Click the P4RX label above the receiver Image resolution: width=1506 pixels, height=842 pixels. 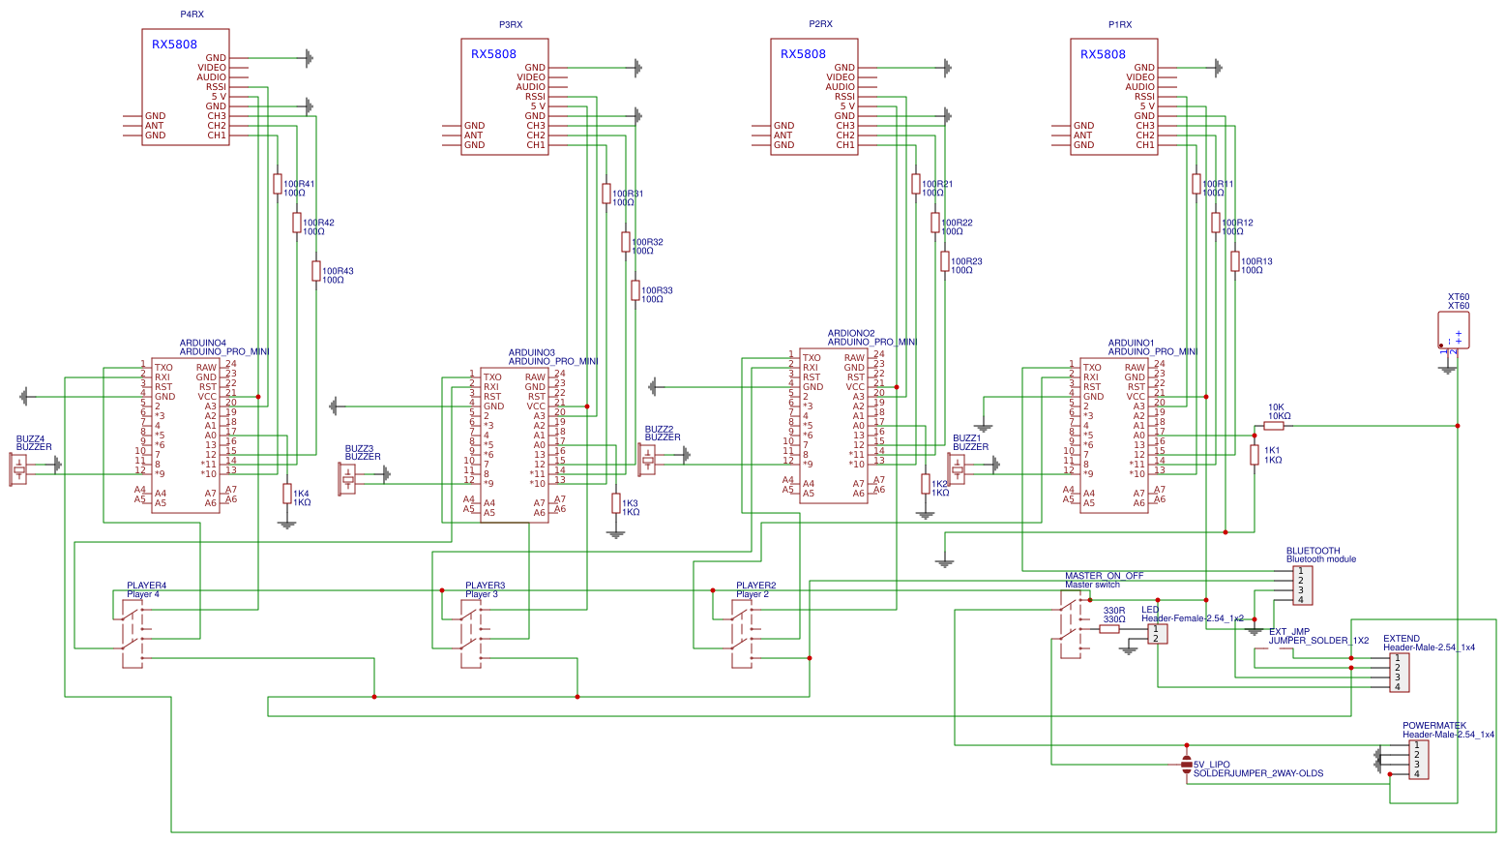[x=192, y=15]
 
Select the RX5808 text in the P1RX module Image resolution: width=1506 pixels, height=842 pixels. [x=1103, y=54]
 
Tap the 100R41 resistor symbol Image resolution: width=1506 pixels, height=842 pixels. [x=278, y=184]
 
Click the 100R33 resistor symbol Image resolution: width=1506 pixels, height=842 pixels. [x=635, y=290]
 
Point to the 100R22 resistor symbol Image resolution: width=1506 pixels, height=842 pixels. [x=935, y=223]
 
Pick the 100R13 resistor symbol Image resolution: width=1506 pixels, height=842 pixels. [x=1235, y=261]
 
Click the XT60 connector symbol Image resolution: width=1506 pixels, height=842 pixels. [x=1453, y=330]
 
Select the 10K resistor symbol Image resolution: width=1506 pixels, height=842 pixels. [x=1274, y=425]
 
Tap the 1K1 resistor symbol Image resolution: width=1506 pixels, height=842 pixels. [x=1255, y=455]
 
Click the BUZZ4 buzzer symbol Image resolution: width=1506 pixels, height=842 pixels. [x=19, y=469]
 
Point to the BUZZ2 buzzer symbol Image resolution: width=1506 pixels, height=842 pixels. [x=648, y=460]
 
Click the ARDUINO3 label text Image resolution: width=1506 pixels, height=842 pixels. [x=531, y=352]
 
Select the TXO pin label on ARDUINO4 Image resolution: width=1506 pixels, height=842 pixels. [x=163, y=368]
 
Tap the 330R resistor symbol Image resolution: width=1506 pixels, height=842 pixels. [x=1109, y=629]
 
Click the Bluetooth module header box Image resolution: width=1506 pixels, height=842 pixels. [x=1302, y=586]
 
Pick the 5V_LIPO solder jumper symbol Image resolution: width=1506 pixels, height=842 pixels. [x=1187, y=766]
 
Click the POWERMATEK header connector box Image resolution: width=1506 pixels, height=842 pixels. [x=1417, y=760]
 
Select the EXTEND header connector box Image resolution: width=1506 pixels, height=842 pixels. [x=1399, y=673]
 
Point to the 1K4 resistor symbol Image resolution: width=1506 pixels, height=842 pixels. [x=287, y=494]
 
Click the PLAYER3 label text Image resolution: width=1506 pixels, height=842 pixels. [x=485, y=586]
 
